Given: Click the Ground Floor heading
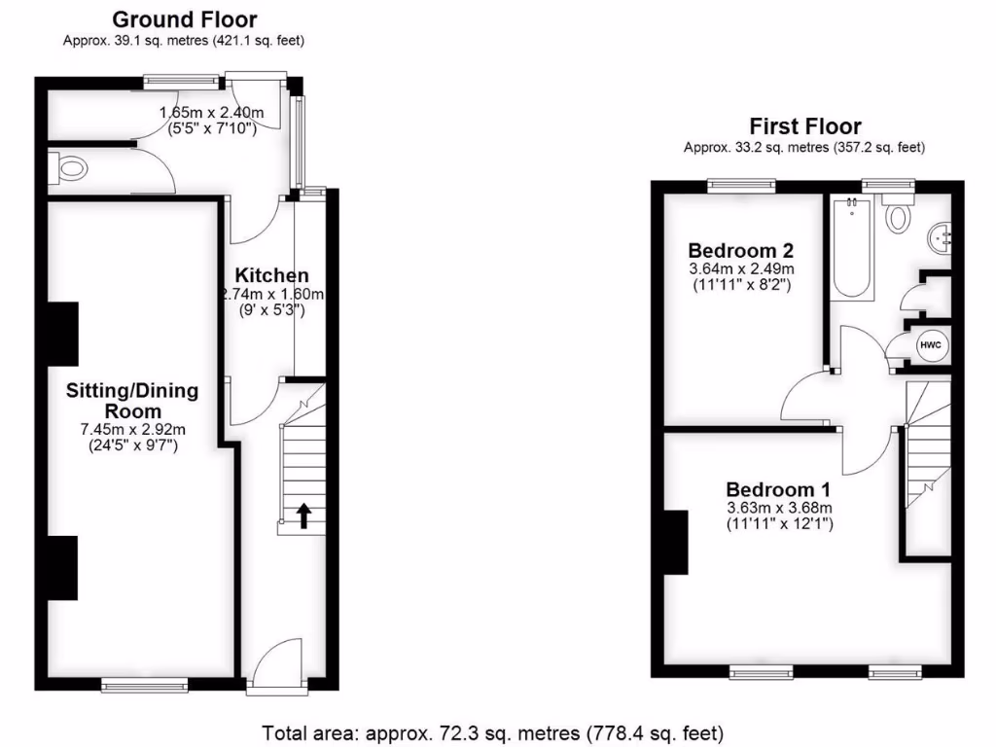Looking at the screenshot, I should [185, 19].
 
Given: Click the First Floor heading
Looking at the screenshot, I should [804, 126].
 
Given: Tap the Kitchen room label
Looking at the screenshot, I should [276, 276].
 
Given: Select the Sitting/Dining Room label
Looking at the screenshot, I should [132, 401].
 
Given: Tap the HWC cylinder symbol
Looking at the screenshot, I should [929, 344].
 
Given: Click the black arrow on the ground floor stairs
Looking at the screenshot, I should [304, 516].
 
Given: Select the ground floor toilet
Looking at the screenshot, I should [70, 172].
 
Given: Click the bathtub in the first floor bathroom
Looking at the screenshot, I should [854, 248].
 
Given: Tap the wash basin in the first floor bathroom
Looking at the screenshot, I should [941, 235].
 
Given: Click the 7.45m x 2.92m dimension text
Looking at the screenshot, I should [132, 430].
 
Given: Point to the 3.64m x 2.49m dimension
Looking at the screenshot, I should [741, 268].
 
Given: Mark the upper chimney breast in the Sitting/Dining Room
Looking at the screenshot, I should [62, 335].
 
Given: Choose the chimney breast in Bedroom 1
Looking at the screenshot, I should [676, 541].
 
